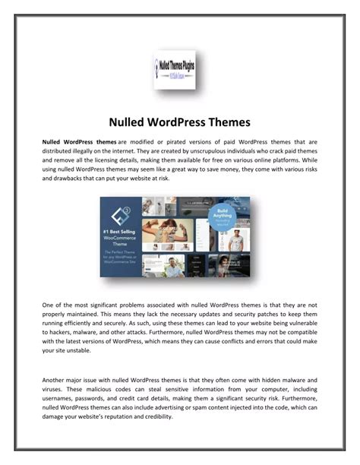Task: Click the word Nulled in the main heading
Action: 127,122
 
